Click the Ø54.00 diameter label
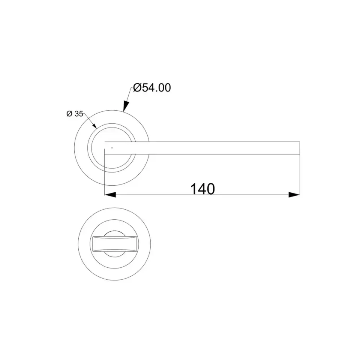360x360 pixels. [152, 88]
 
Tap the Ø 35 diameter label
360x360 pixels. [75, 114]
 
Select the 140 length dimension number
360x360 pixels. [202, 189]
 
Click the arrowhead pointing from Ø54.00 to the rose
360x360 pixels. [126, 106]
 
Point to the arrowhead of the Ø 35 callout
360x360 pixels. [94, 126]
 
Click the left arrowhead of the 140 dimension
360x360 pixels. [110, 195]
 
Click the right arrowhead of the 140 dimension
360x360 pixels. [294, 195]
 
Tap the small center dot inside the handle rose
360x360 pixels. [112, 148]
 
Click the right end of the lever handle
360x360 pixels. [300, 148]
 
